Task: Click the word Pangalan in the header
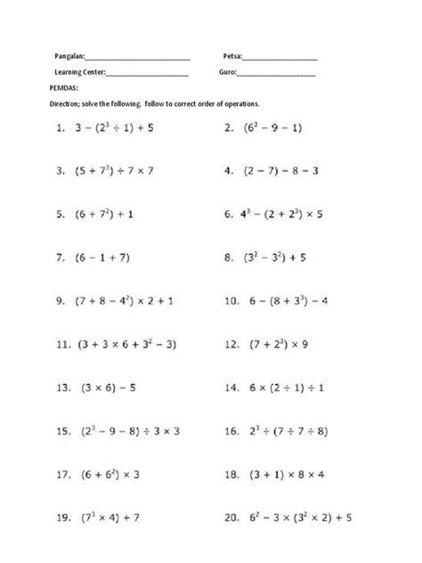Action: pyautogui.click(x=69, y=56)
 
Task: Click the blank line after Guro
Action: pyautogui.click(x=277, y=73)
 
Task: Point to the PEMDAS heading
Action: pyautogui.click(x=66, y=88)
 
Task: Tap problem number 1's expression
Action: pyautogui.click(x=115, y=128)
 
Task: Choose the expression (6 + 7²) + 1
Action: pyautogui.click(x=105, y=215)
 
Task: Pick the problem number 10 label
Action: pyautogui.click(x=232, y=301)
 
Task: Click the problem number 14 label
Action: pyautogui.click(x=232, y=388)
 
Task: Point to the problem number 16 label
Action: pyautogui.click(x=232, y=430)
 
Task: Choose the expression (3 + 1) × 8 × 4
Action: pyautogui.click(x=287, y=474)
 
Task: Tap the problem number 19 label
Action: pyautogui.click(x=63, y=517)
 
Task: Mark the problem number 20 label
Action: pyautogui.click(x=232, y=517)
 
